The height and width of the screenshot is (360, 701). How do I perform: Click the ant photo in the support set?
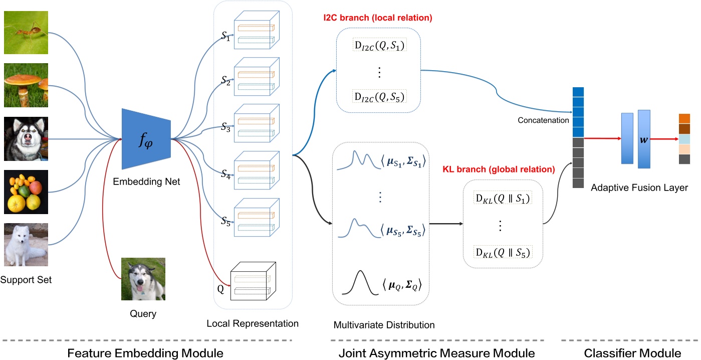click(x=26, y=32)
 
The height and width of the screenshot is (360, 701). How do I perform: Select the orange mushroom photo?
click(x=26, y=85)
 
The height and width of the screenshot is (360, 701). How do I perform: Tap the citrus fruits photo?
click(x=26, y=192)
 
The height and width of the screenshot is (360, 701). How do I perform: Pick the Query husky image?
click(x=143, y=279)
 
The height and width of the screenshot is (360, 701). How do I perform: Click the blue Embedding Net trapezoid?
click(x=145, y=139)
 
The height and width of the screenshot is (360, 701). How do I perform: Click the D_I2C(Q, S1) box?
click(x=379, y=47)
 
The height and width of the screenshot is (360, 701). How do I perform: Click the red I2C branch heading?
click(x=377, y=18)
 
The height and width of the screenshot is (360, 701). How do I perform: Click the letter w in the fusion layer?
click(x=644, y=138)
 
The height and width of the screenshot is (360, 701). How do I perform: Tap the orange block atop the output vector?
click(x=684, y=118)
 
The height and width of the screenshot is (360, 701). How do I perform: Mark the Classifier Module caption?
click(x=632, y=352)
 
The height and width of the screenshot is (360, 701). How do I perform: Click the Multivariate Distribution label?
click(x=384, y=325)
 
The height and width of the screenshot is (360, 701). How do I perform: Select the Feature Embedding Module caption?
click(x=145, y=352)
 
